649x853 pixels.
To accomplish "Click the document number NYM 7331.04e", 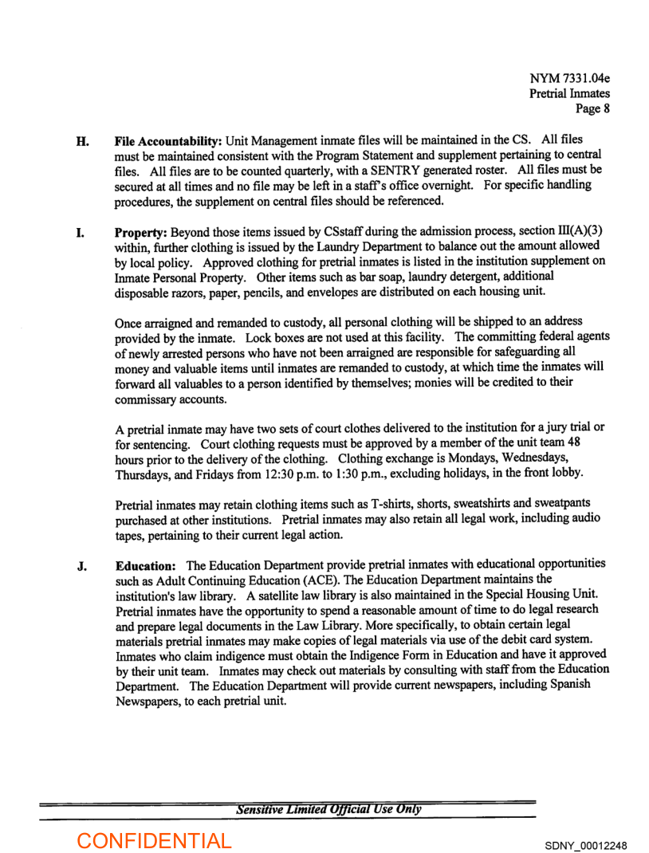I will [x=570, y=79].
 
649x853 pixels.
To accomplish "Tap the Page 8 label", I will [x=593, y=109].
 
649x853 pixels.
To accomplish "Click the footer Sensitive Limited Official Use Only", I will [x=328, y=810].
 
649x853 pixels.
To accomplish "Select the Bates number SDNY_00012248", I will [x=586, y=844].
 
